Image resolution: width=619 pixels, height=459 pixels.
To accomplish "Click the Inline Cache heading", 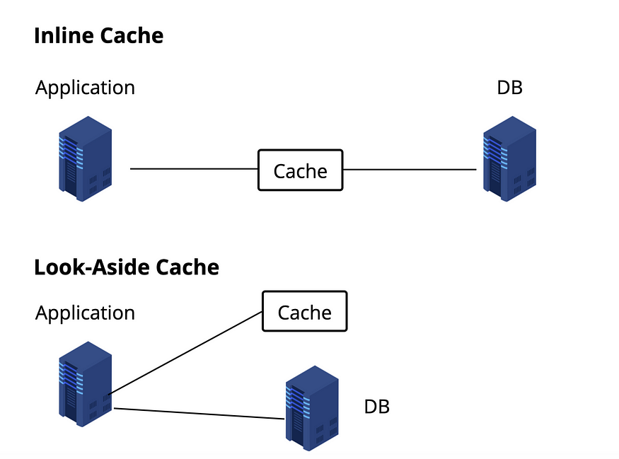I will tap(98, 36).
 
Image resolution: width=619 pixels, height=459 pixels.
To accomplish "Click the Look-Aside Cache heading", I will tap(126, 267).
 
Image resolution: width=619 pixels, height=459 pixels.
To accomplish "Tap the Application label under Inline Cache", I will tap(85, 88).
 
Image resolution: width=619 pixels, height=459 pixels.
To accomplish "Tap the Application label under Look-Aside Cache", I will tap(85, 313).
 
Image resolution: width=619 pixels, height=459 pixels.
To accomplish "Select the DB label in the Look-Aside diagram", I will tap(376, 407).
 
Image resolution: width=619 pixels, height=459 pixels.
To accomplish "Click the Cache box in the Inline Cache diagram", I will tap(300, 170).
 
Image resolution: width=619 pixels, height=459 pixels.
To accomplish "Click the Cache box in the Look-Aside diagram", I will tap(304, 312).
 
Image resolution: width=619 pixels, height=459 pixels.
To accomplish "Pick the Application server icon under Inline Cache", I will tap(84, 159).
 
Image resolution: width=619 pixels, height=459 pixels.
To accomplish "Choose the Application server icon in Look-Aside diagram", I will tap(84, 383).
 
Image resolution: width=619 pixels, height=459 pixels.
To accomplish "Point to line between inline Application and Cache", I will tap(195, 169).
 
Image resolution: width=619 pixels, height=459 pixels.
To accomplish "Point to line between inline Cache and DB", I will tap(410, 170).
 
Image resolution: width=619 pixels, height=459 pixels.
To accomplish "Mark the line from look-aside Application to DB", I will tap(198, 414).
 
